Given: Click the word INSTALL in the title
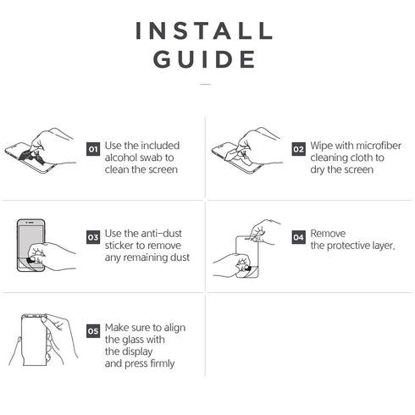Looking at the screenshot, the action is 204,30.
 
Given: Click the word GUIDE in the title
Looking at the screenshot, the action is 204,59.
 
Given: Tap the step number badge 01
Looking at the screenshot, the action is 93,149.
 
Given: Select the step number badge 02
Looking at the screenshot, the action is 298,149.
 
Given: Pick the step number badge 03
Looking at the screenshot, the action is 93,237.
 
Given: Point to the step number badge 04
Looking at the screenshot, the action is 298,237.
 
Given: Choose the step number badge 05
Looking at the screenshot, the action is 93,331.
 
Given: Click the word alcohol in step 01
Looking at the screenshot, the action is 121,158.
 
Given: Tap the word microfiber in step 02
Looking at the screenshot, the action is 379,146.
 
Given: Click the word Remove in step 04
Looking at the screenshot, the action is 328,234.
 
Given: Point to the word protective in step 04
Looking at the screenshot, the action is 348,246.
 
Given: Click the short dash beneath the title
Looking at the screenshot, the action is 205,84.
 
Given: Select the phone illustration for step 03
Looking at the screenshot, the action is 30,246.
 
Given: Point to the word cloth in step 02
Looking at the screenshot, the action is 358,158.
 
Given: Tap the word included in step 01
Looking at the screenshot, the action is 160,146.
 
